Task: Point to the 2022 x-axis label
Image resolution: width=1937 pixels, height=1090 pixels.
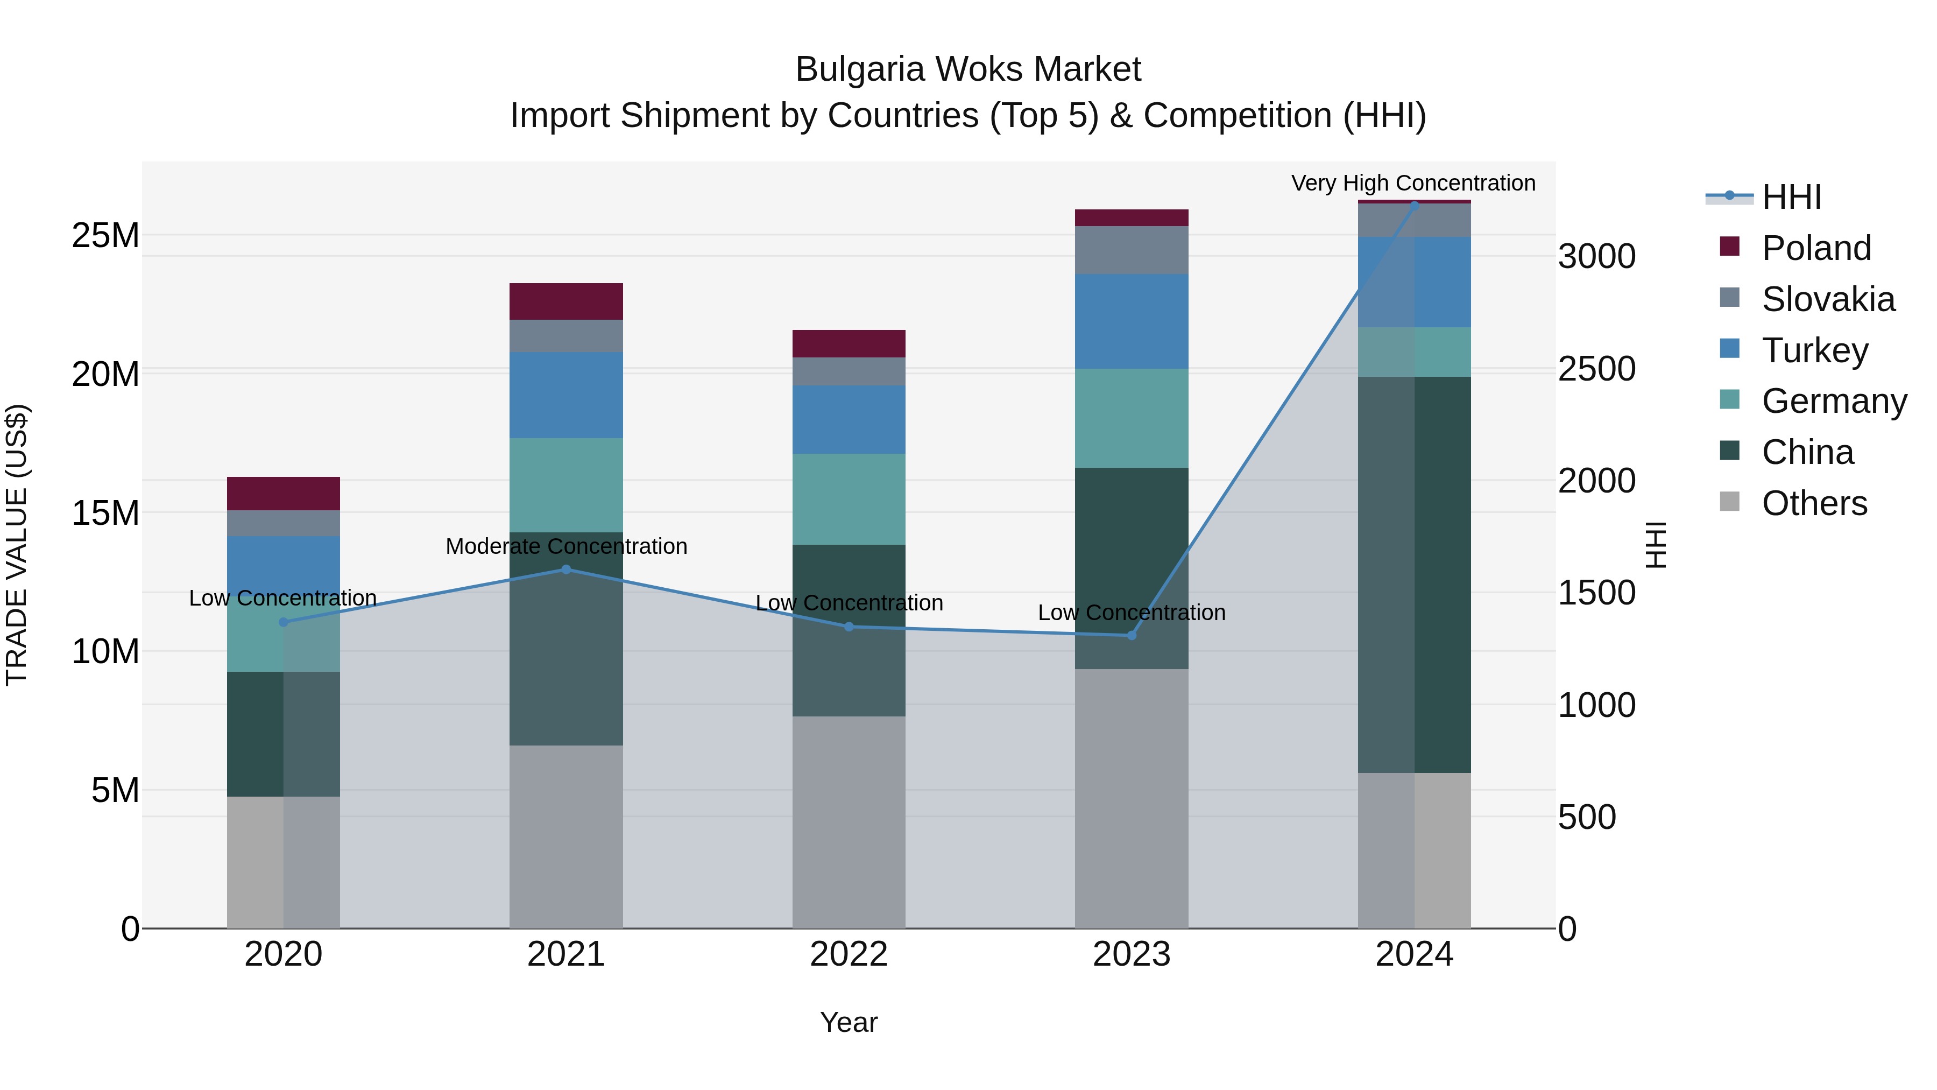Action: click(849, 954)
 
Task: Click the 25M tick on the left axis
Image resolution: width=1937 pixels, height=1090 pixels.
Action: click(105, 235)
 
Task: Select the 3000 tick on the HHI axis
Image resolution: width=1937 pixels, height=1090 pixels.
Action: click(1596, 257)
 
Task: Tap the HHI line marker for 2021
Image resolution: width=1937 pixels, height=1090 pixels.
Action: click(566, 569)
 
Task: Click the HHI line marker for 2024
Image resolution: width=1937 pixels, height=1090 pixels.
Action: click(1415, 205)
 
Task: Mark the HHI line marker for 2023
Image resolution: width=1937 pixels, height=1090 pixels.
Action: click(1132, 636)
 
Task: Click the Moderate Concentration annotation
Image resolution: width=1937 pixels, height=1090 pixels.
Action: click(566, 546)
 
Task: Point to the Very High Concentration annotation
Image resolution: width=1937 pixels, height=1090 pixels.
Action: click(1413, 183)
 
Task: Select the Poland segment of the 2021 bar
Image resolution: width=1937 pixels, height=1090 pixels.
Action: click(566, 301)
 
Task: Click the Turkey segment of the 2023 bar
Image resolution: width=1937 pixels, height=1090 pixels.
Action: click(1132, 321)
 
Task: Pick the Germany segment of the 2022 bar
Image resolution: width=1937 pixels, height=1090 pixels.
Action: click(849, 499)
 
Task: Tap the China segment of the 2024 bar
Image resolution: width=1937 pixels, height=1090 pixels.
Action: click(1415, 575)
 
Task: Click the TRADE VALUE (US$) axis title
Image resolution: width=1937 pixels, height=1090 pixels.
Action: click(17, 545)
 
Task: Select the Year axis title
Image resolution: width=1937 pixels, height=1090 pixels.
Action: click(849, 1022)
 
